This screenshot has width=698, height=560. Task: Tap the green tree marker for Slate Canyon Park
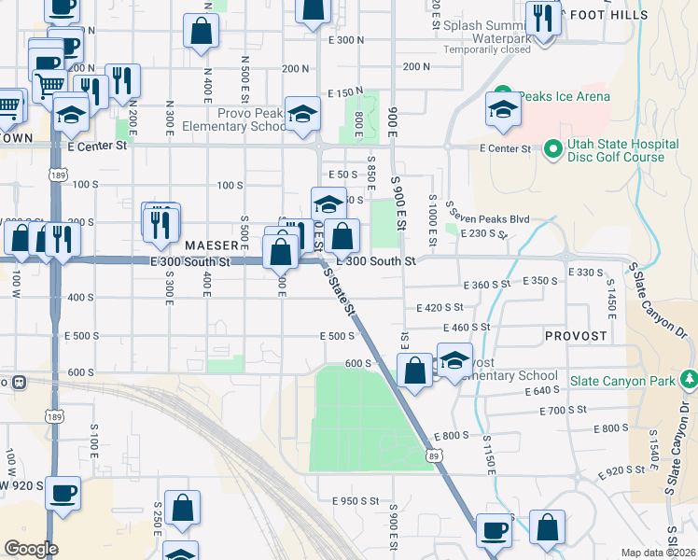[690, 379]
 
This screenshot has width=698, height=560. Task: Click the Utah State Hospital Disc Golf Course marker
[552, 148]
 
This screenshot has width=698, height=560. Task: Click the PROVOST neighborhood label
[577, 335]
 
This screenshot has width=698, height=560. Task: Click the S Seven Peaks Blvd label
[487, 217]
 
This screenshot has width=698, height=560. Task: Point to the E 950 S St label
[356, 501]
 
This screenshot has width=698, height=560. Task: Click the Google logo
[31, 548]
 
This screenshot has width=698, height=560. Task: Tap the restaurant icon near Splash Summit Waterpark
[541, 18]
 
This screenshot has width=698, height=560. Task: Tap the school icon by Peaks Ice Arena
[502, 109]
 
